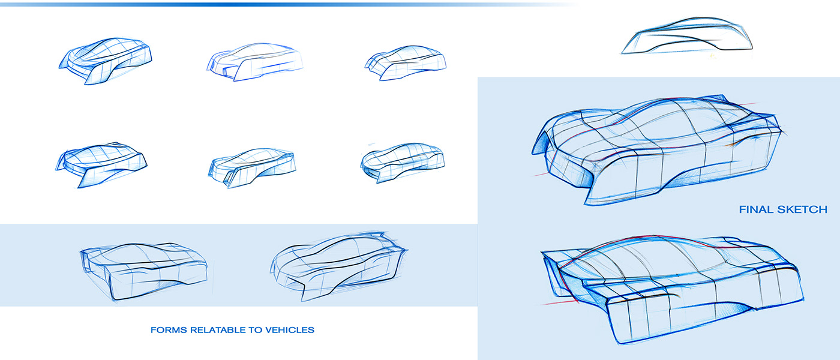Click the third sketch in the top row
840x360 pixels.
pos(406,62)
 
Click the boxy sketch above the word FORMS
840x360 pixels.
pos(144,270)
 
